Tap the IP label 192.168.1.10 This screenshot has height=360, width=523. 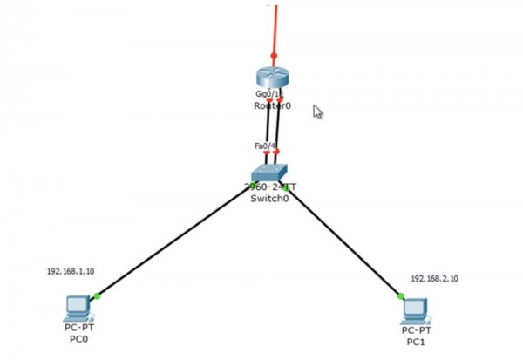71,272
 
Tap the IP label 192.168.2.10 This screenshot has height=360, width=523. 435,279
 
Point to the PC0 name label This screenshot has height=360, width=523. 78,338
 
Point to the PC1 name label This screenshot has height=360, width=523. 416,342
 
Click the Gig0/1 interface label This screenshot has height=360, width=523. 268,92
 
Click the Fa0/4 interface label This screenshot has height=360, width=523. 265,146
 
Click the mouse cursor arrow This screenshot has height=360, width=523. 317,112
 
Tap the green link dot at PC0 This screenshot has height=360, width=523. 97,296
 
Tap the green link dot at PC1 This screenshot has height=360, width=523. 401,296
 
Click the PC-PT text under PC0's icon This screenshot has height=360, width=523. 78,328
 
